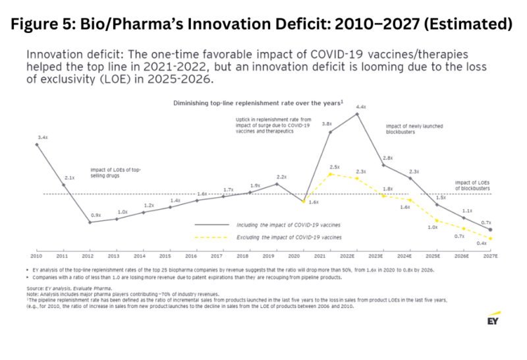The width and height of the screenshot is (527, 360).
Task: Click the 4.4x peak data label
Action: [362, 107]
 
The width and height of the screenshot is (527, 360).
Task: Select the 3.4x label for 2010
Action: [43, 136]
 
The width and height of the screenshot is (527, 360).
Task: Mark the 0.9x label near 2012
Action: [96, 216]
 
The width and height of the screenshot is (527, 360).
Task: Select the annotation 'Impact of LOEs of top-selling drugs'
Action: [115, 173]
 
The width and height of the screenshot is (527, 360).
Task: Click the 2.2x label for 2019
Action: [281, 177]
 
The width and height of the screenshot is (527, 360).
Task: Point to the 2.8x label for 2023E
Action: [388, 158]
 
